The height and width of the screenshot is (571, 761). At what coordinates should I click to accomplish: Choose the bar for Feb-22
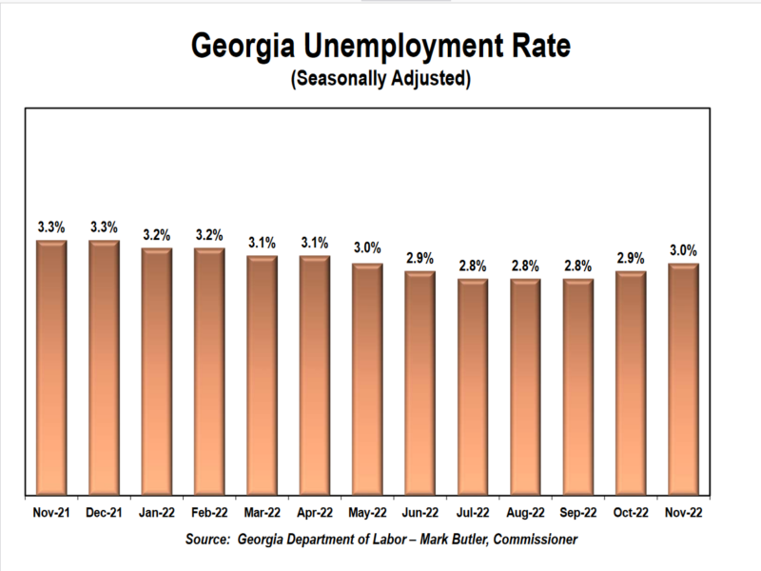[x=209, y=370]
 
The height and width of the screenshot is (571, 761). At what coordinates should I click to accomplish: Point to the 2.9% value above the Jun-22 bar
[x=420, y=258]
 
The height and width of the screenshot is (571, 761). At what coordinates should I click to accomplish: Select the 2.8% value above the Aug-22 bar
[x=525, y=266]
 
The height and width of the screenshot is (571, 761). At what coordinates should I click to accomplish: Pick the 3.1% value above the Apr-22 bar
[x=315, y=243]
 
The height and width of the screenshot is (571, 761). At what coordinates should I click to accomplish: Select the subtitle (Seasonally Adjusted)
[x=380, y=79]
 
